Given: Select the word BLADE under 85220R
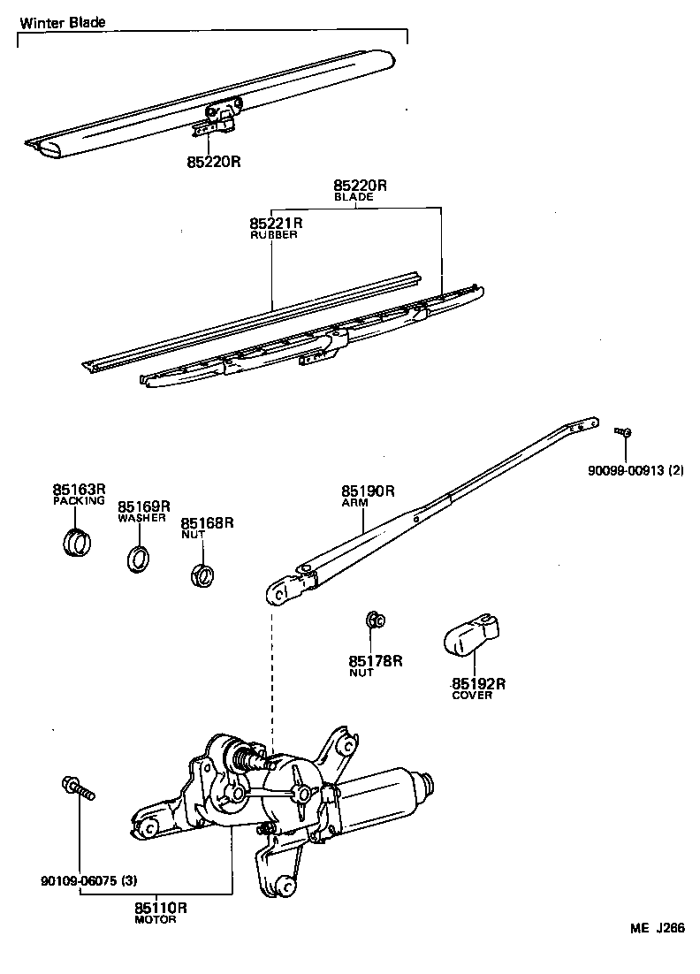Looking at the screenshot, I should click(x=354, y=198).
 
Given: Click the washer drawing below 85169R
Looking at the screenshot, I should click(x=139, y=559).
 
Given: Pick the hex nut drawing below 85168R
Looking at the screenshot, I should click(x=202, y=576).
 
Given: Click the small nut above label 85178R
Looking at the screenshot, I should click(x=374, y=620).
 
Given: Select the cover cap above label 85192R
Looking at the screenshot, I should click(x=469, y=635).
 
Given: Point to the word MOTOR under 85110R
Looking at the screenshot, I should click(x=156, y=919).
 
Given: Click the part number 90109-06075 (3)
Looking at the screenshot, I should click(x=88, y=881).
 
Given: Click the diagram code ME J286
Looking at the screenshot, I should click(x=657, y=928).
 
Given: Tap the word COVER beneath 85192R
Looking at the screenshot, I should click(x=472, y=695).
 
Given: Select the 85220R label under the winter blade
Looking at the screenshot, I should click(x=214, y=162).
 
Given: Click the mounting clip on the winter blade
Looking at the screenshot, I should click(x=219, y=118).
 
